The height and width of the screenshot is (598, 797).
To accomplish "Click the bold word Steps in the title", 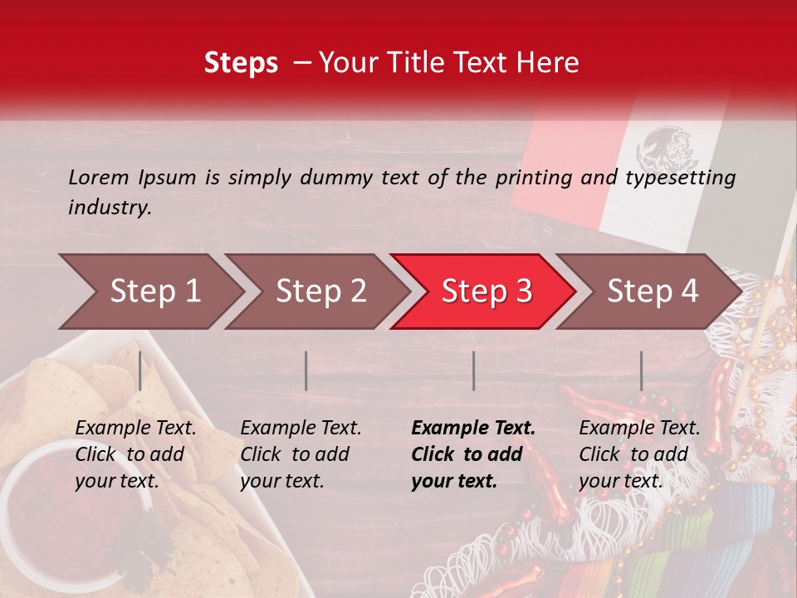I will click(241, 63).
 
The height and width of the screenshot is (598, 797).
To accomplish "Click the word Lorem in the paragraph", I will click(98, 177).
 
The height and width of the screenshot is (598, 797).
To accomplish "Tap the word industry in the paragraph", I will click(109, 208).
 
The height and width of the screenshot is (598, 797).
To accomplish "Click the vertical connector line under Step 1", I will click(140, 370).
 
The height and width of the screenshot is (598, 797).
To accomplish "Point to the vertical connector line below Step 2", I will click(306, 370).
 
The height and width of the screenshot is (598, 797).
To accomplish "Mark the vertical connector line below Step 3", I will click(473, 370).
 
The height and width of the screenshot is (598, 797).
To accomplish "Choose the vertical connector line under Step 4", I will click(641, 370).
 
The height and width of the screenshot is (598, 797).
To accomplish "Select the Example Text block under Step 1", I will click(135, 454).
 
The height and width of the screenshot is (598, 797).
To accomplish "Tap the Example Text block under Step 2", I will click(301, 454).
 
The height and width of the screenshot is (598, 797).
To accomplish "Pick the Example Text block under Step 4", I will click(639, 454).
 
